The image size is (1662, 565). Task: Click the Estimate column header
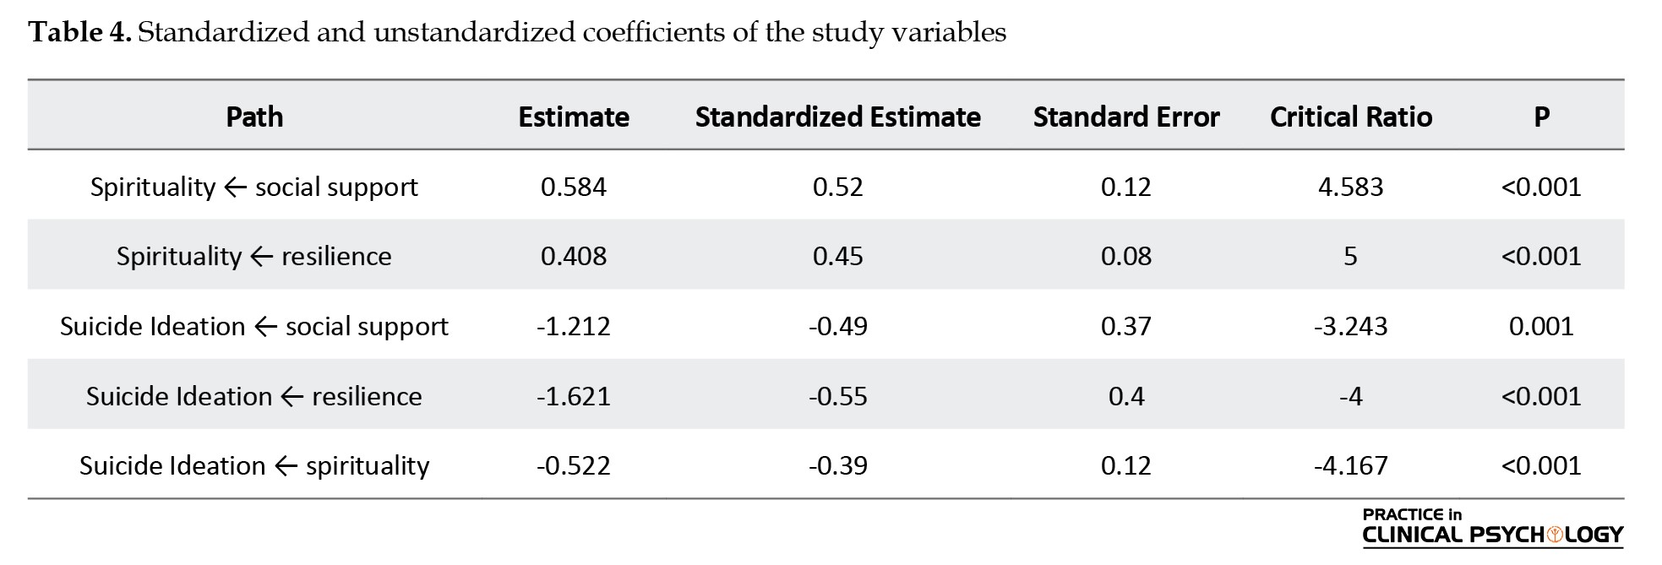pos(574,117)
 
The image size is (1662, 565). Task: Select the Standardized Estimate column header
pos(837,117)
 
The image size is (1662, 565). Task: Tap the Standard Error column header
pos(1126,117)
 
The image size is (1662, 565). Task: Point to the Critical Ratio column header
pos(1351,117)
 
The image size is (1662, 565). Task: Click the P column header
pos(1541,117)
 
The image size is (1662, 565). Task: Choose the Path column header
pos(254,117)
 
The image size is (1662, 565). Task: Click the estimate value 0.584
pos(574,187)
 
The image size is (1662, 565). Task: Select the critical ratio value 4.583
pos(1351,187)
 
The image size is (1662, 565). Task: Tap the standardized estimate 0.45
pos(837,256)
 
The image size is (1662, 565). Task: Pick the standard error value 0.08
pos(1126,256)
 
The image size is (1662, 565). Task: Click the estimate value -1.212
pos(574,326)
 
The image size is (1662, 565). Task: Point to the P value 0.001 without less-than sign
pos(1541,326)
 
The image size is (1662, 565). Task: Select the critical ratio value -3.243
pos(1351,326)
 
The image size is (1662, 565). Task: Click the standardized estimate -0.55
pos(837,396)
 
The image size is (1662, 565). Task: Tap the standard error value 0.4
pos(1126,396)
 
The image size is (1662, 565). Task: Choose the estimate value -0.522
pos(574,465)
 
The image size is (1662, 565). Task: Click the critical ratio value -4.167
pos(1351,465)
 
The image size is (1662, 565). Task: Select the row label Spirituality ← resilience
pos(254,256)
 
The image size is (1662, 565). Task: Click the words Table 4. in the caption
pos(79,32)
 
